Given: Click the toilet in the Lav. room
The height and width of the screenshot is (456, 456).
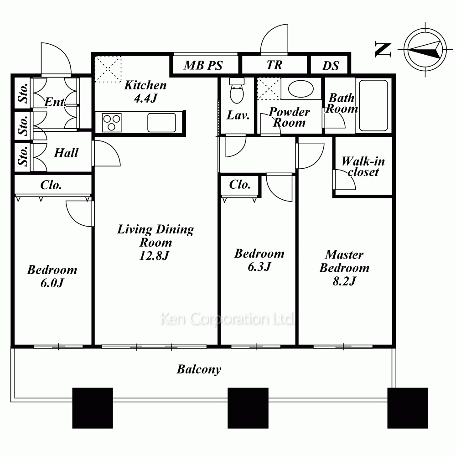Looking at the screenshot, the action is pos(237,90).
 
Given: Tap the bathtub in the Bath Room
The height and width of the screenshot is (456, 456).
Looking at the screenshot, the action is pos(373,106).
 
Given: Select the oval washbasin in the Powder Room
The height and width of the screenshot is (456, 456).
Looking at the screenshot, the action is pos(301,88).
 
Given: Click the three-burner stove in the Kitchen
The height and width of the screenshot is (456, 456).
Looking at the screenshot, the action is pos(112,122).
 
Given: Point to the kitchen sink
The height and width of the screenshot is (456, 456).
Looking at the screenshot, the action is pos(162,122).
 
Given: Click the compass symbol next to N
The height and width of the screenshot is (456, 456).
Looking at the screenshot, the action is pos(425,50).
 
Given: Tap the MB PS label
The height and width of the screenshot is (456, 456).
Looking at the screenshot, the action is pos(203,65).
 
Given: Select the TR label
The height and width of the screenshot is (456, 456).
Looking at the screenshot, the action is pos(275,65).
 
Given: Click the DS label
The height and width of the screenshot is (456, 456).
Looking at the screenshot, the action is pos(331,66).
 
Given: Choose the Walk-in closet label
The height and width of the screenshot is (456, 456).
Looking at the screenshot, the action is pos(363,166).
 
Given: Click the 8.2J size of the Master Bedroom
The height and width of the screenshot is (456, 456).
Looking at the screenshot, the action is pos(344,281).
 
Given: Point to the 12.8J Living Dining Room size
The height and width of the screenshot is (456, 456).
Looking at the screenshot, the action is pos(155,256).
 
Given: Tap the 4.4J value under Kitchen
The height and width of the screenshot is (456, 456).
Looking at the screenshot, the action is pos(146,98).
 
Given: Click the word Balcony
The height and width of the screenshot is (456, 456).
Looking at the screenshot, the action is pos(199,369).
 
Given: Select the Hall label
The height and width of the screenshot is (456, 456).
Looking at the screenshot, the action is pos(66,153).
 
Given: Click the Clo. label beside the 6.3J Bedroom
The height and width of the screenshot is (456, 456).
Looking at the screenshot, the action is pos(240,184).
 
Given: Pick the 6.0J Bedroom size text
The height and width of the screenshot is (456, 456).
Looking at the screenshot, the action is pos(52,283).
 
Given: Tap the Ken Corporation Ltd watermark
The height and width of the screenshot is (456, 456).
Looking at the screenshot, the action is pos(227,319).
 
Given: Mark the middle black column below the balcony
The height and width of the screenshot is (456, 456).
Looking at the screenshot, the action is pos(248,408).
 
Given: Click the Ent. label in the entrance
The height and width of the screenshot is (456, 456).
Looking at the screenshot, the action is pos(55,102).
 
